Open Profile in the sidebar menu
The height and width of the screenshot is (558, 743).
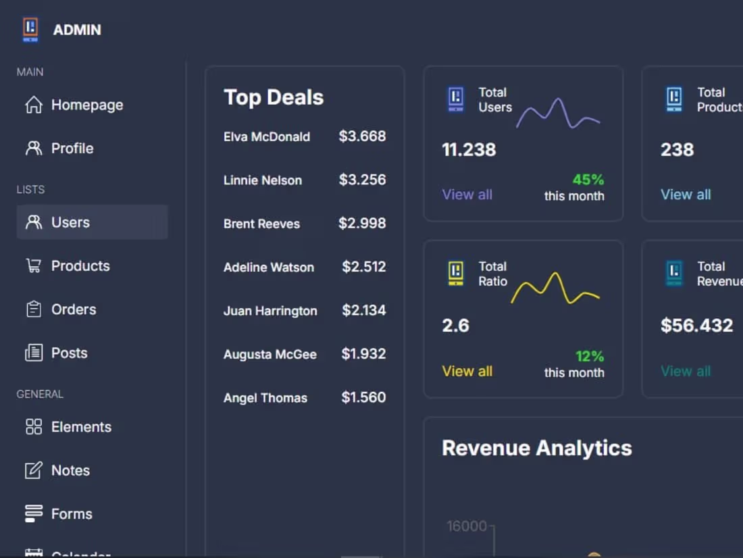72,149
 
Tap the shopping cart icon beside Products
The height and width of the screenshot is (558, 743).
33,265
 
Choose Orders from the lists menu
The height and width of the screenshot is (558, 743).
73,309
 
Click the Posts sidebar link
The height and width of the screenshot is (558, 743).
69,353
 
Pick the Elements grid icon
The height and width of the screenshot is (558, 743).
33,426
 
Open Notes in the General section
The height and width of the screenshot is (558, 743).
70,470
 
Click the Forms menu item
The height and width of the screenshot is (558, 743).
71,513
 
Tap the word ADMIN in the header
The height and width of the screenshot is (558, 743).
77,30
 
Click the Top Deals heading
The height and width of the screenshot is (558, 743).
274,97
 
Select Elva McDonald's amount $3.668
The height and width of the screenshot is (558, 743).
362,136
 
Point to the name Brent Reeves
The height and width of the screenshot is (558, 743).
261,224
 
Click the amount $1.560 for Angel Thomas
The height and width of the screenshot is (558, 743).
363,398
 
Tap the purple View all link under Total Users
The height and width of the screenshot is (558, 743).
467,195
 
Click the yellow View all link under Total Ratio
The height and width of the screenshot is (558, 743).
467,371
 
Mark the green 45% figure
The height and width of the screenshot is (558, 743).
588,180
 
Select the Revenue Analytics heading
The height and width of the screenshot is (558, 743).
536,448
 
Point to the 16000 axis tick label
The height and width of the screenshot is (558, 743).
466,526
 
